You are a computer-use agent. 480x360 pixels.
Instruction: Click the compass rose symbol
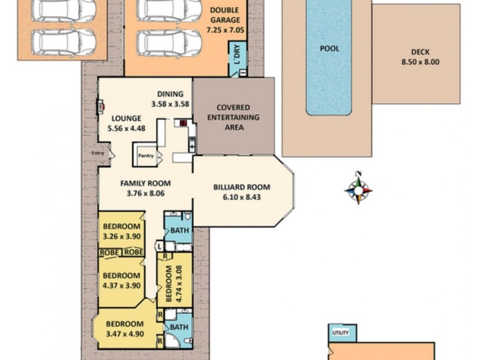click(x=358, y=189)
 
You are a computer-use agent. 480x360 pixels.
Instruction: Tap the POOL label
click(x=329, y=49)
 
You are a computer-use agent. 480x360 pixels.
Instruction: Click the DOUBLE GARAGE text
click(x=225, y=15)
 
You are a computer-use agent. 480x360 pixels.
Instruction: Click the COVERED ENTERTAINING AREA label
click(x=233, y=118)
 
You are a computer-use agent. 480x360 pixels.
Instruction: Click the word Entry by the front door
click(x=97, y=153)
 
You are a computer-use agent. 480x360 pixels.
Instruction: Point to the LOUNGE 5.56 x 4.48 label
click(x=125, y=123)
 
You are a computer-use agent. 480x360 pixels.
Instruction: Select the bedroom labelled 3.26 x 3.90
click(x=122, y=231)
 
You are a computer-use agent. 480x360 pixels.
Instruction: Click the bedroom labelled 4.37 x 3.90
click(x=122, y=281)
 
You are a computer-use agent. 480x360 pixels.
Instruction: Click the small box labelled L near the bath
click(x=160, y=245)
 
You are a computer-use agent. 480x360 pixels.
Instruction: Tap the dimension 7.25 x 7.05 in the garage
click(x=225, y=29)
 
